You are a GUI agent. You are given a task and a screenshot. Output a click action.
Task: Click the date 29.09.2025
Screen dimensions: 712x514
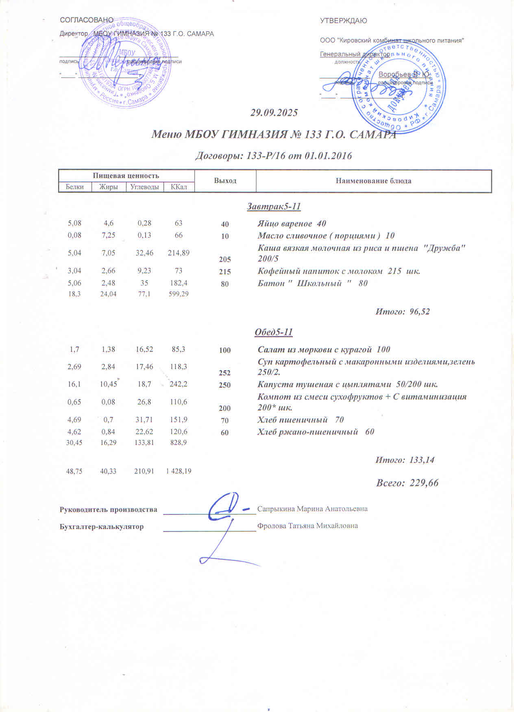coord(274,113)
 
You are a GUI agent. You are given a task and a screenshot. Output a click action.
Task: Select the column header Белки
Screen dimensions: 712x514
coord(74,187)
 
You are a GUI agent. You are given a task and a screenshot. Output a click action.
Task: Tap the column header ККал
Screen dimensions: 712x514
coord(179,187)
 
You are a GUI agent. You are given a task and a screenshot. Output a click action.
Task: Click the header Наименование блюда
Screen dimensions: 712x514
coord(373,181)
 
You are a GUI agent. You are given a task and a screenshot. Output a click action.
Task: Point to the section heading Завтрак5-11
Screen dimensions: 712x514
coord(274,206)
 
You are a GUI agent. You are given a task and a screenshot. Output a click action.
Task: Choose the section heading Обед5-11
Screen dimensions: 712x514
coord(274,332)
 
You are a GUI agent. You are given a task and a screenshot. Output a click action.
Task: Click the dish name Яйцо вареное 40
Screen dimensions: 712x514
coord(292,224)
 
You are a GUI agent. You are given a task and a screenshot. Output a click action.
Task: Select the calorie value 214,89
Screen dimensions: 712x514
coord(179,253)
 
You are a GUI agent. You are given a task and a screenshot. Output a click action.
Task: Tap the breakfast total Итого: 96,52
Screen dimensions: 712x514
coord(402,312)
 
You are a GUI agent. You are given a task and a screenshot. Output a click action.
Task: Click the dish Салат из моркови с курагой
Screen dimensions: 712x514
coord(324,349)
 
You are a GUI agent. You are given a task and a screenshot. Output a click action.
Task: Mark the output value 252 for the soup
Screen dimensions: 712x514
coord(225,373)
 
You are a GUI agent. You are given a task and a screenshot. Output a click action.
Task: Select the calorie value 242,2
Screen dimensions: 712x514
coord(179,384)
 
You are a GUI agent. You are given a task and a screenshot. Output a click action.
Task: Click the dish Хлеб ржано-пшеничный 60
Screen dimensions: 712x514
coord(316,432)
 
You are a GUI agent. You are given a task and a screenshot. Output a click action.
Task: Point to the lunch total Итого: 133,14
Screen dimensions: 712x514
coord(405,460)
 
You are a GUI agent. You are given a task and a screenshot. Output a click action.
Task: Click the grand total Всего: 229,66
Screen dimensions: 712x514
coord(407,483)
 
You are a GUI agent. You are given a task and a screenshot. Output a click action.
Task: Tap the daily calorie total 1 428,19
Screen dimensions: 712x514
coord(179,471)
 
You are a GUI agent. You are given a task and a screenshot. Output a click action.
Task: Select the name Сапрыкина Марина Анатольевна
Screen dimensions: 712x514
coord(312,509)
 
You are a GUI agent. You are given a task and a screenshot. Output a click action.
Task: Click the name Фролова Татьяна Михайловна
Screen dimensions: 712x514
coord(307,526)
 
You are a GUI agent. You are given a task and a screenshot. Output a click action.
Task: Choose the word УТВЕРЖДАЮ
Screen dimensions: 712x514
coord(343,21)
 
